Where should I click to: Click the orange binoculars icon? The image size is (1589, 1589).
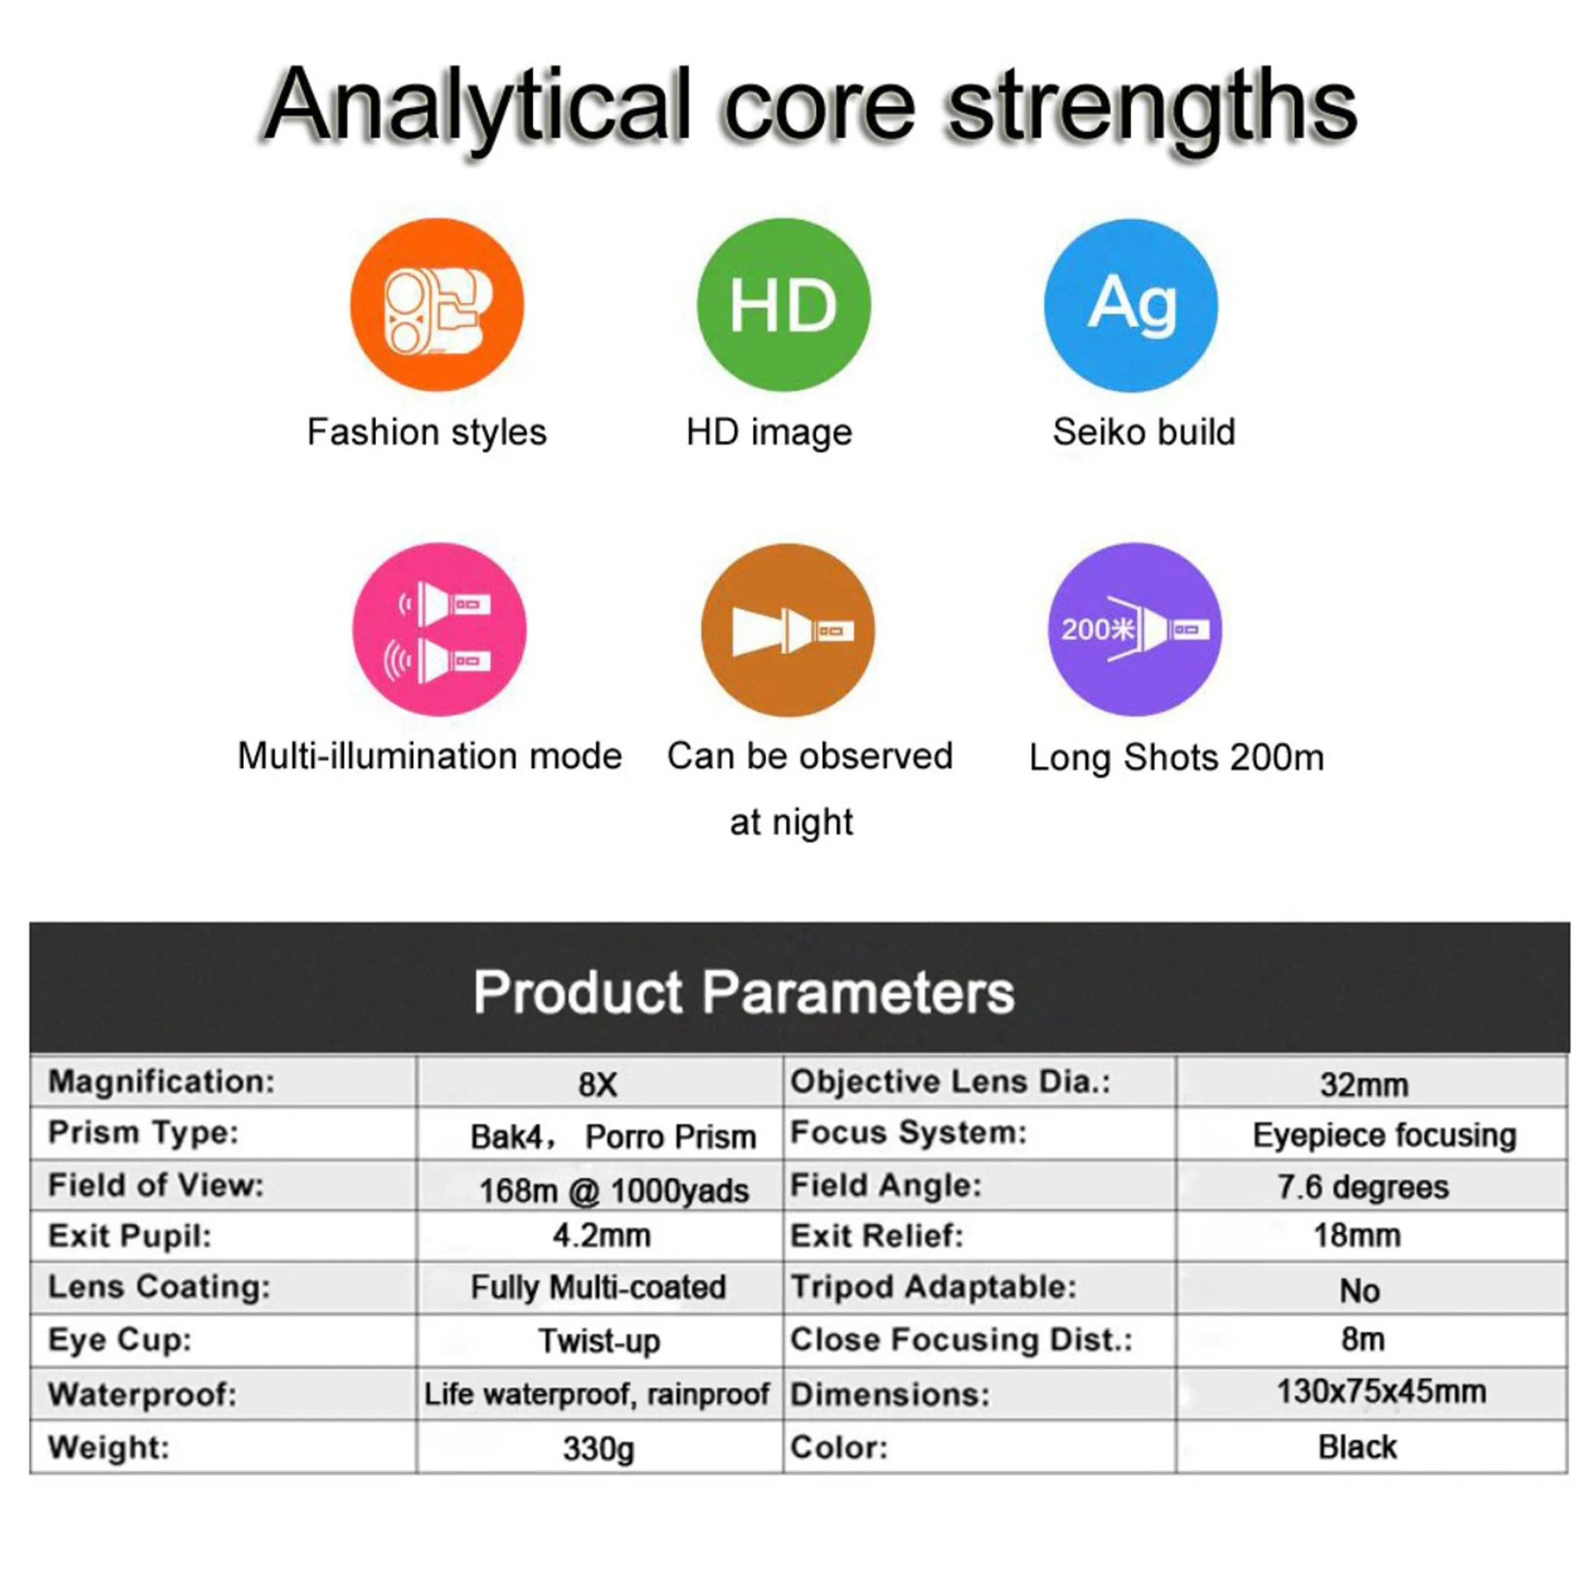click(437, 304)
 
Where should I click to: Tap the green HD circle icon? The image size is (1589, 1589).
click(784, 304)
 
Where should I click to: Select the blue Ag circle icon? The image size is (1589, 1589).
click(1131, 304)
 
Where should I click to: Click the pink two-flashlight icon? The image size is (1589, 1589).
click(439, 629)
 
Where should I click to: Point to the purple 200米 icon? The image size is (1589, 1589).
click(1134, 629)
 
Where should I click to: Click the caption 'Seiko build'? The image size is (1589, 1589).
click(1144, 432)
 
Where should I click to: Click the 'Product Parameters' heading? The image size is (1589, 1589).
click(744, 992)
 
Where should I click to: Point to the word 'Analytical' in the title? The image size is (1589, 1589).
click(477, 107)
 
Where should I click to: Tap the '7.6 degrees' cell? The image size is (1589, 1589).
click(1363, 1187)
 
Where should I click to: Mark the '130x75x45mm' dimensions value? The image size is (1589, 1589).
click(1382, 1391)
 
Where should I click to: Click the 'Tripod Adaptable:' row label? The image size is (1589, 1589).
click(934, 1287)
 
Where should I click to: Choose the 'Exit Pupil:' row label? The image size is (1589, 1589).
click(130, 1236)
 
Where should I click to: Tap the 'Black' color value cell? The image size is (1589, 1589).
click(1358, 1447)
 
